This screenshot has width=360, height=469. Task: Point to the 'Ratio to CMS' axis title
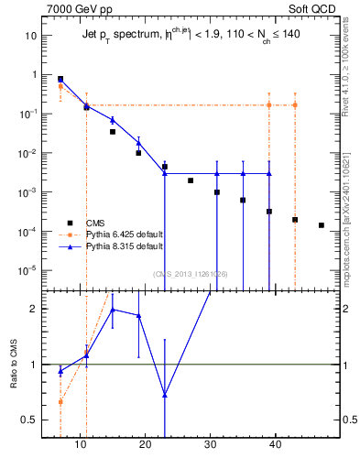(x=15, y=364)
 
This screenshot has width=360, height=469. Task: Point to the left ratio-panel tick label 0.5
(x=30, y=420)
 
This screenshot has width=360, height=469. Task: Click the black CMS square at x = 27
(x=191, y=180)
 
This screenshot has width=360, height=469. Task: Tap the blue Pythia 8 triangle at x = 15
(x=113, y=120)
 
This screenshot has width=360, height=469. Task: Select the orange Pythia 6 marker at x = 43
(x=295, y=105)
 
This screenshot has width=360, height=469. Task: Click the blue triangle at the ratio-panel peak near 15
(x=113, y=310)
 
